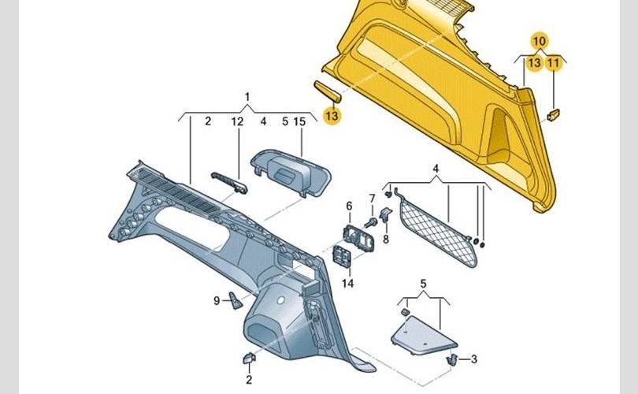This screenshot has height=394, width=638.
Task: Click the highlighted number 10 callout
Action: [539, 41]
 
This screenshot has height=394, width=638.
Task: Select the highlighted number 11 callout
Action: [553, 63]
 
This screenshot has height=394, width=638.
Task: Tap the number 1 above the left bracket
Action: [247, 97]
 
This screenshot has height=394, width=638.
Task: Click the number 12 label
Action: [237, 121]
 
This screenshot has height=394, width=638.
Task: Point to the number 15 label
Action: [299, 121]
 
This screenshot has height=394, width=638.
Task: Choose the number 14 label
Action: [347, 283]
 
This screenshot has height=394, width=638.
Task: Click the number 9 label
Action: [217, 301]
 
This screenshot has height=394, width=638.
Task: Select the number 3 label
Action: [473, 359]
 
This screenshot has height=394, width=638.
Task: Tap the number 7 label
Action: [372, 199]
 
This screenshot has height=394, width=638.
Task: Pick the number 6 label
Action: [349, 206]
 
